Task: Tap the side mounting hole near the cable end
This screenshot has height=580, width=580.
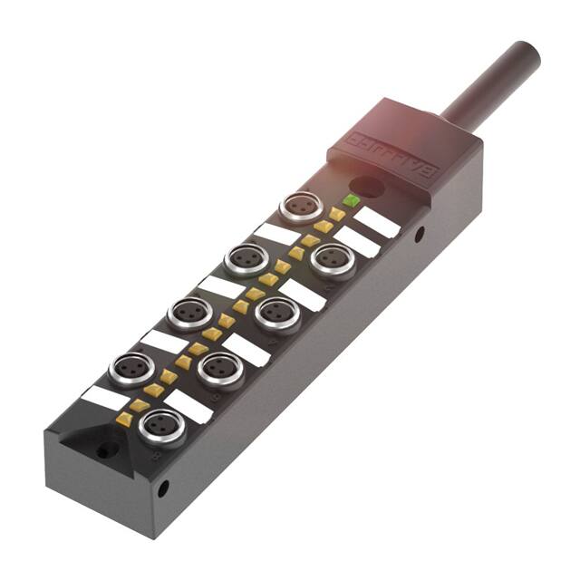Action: tap(419, 233)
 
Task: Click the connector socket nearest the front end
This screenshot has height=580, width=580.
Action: tap(163, 423)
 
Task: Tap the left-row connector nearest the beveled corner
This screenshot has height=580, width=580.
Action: tap(130, 369)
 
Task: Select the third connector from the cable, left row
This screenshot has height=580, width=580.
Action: tap(189, 313)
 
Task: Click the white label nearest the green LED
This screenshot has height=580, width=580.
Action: tap(376, 222)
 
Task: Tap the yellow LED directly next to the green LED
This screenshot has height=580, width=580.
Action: tap(337, 214)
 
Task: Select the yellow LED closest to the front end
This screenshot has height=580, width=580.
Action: tap(124, 418)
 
